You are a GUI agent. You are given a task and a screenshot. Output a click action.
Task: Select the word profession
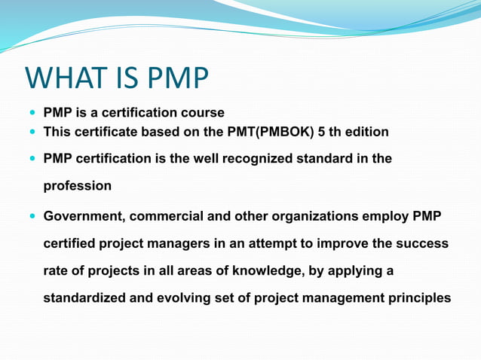click(x=78, y=185)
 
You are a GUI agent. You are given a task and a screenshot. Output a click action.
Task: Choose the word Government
click(x=83, y=217)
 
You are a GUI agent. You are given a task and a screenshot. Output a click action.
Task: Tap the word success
click(x=421, y=244)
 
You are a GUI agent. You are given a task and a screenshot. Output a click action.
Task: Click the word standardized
click(x=85, y=298)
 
